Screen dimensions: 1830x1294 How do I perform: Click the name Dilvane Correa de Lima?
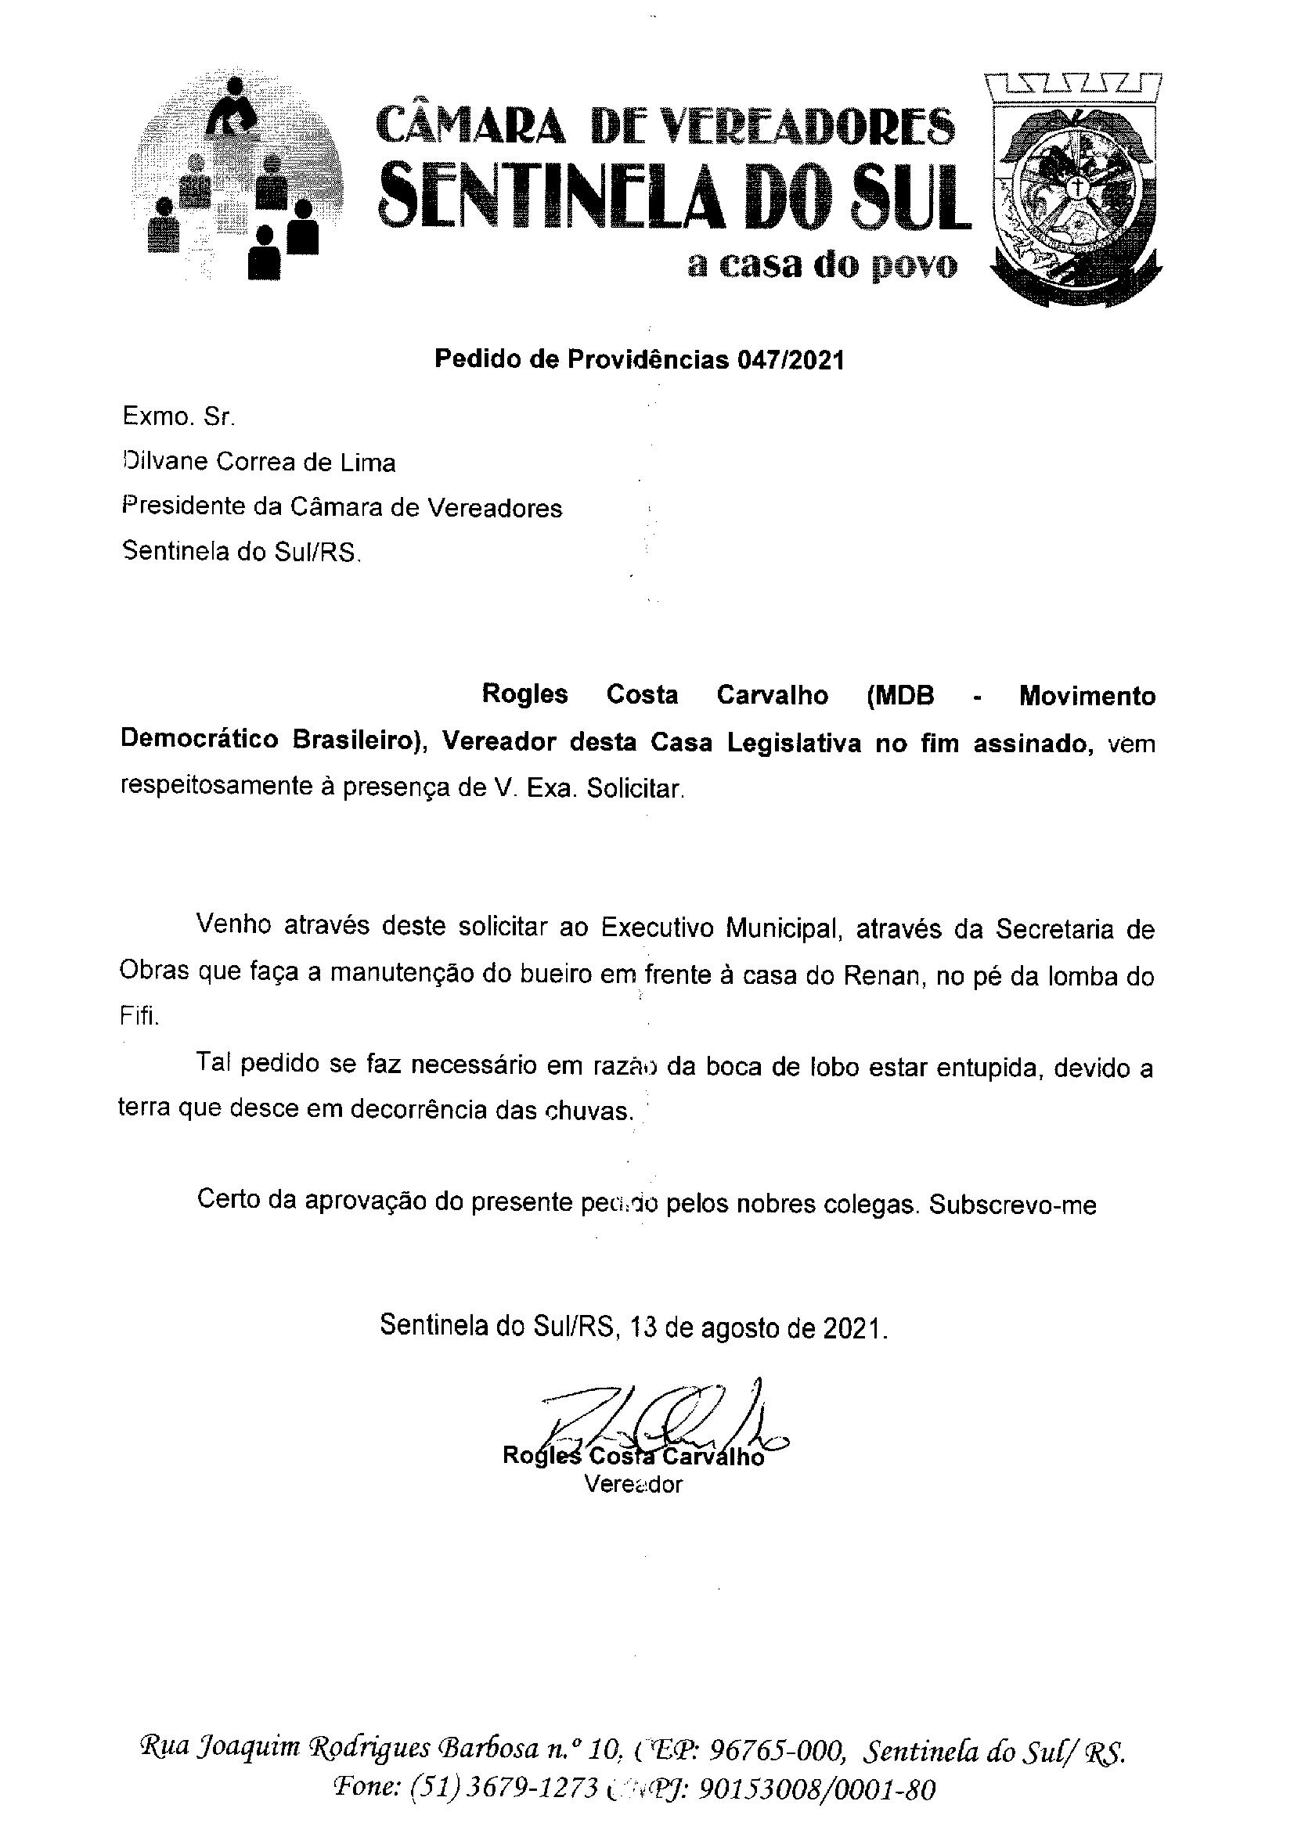[258, 463]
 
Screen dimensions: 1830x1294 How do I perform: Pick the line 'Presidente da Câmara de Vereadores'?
[341, 508]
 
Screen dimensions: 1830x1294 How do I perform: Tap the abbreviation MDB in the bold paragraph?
[899, 696]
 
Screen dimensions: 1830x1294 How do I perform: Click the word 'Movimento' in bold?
[1087, 696]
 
